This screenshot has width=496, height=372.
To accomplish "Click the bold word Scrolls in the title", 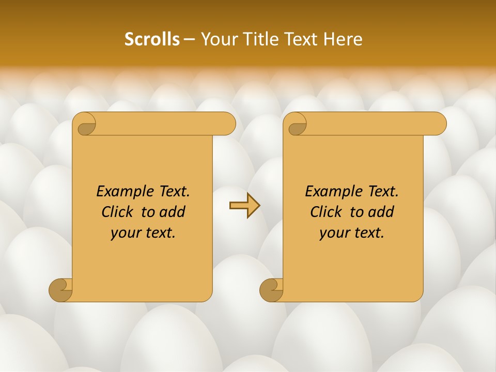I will [152, 39].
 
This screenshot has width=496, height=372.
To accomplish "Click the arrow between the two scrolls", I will [244, 205].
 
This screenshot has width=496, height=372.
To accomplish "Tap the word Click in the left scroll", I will [118, 212].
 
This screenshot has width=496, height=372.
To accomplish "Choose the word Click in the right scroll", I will [327, 212].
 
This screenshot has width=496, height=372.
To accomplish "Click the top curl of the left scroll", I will [84, 124].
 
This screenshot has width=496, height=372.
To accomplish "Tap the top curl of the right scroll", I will [296, 124].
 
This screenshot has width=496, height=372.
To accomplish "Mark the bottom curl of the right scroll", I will [272, 289].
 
